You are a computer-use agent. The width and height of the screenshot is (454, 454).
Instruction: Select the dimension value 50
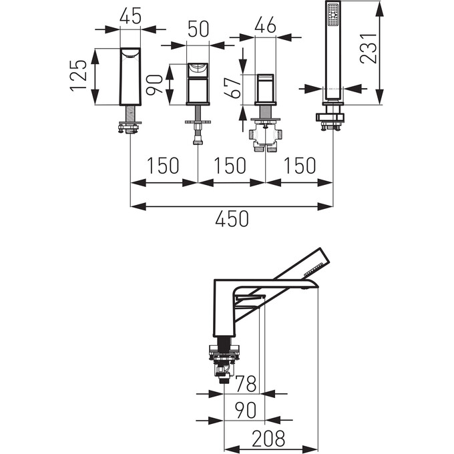[198, 29]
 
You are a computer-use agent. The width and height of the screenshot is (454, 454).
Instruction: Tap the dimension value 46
[266, 26]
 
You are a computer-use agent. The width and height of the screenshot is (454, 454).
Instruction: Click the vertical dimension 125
[78, 75]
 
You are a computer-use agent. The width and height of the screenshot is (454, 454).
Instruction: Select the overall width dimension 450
[231, 219]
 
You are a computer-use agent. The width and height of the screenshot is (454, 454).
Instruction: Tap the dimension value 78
[247, 383]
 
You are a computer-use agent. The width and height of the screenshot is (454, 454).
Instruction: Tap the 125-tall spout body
[130, 76]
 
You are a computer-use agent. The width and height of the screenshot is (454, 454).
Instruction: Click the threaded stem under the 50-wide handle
[198, 133]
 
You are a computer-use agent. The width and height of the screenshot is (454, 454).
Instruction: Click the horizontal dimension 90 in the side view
[247, 411]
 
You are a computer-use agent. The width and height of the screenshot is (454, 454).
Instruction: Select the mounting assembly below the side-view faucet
[226, 361]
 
